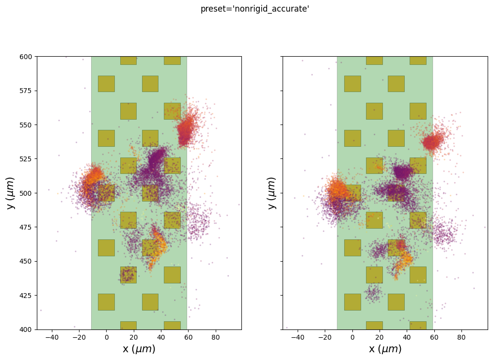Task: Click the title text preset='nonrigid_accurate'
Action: [x=255, y=9]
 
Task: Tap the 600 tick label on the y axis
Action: [x=26, y=57]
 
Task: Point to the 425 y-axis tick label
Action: [x=26, y=296]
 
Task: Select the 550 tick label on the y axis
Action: [x=26, y=125]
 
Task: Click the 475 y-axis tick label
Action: [x=26, y=227]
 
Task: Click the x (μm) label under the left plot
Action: [x=139, y=349]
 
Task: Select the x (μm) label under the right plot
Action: [x=385, y=349]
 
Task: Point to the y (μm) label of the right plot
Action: [x=272, y=193]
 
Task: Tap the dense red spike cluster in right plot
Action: [x=431, y=142]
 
